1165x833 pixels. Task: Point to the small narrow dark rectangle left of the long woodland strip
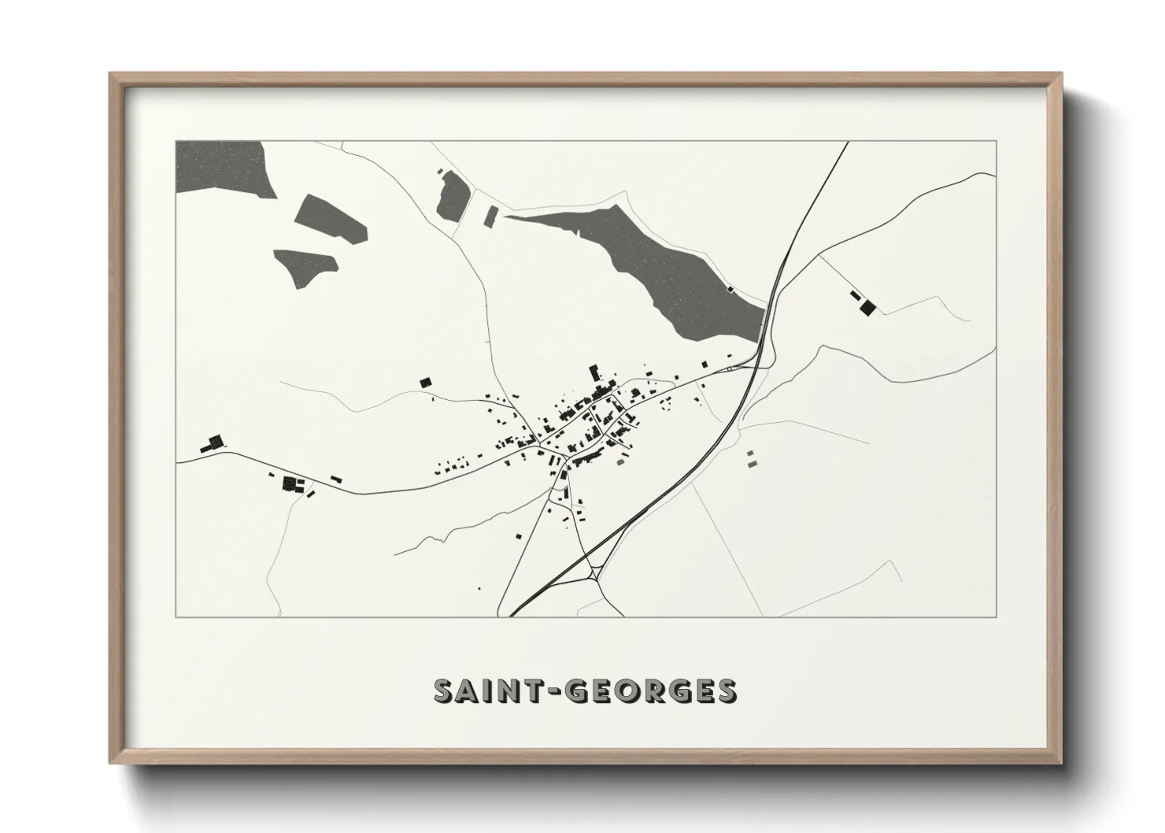point(490,215)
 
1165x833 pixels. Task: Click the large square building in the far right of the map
point(867,306)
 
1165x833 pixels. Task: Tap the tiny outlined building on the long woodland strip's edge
point(731,289)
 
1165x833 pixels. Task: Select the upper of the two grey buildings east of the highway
point(749,453)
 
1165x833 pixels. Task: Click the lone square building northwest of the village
point(425,382)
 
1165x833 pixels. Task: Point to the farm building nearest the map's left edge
point(213,444)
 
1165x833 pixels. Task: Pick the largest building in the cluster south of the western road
point(289,482)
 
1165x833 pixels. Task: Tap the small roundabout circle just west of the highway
point(730,368)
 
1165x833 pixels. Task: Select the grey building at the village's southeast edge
point(619,463)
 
